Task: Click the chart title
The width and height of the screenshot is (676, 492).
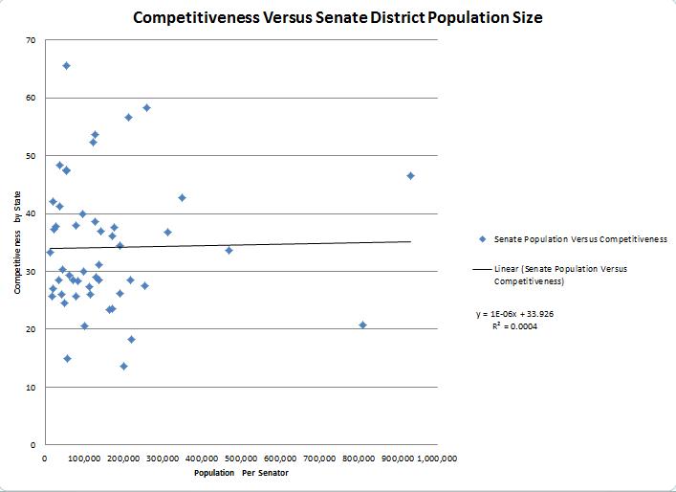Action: click(338, 18)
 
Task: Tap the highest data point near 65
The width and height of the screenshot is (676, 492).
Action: click(66, 65)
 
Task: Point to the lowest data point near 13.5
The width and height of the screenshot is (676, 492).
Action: click(123, 366)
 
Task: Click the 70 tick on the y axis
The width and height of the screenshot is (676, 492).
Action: click(32, 40)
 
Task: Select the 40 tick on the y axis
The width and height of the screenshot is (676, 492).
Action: click(32, 213)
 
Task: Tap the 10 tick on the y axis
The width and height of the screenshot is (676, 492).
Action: click(32, 388)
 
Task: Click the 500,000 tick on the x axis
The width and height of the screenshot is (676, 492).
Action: click(241, 458)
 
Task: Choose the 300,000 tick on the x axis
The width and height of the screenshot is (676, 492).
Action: click(163, 458)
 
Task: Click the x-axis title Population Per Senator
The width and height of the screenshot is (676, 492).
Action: click(241, 473)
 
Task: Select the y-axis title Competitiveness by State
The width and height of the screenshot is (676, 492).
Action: click(18, 243)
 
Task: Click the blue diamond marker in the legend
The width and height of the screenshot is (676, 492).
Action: click(483, 238)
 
